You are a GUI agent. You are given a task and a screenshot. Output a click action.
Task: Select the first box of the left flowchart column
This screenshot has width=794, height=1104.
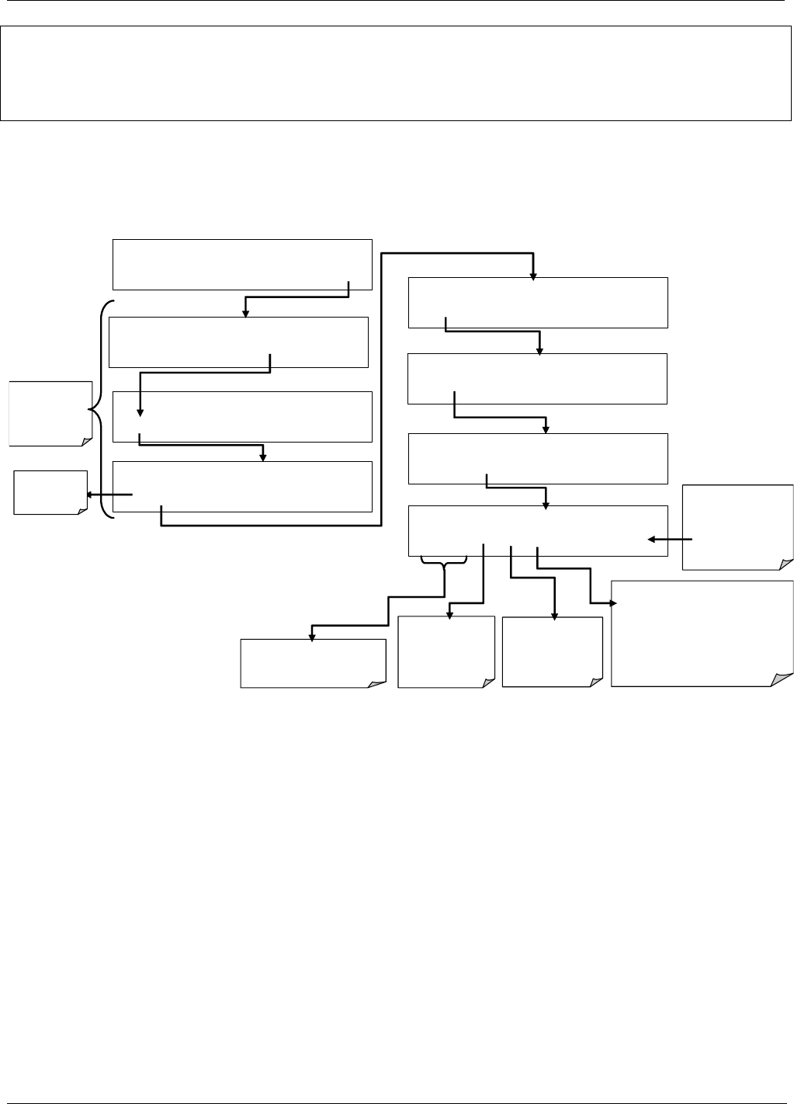coord(242,265)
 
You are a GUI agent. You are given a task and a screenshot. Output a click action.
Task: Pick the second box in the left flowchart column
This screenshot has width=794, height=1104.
coord(238,342)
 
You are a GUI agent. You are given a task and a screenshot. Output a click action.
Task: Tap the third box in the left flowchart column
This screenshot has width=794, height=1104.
coord(242,417)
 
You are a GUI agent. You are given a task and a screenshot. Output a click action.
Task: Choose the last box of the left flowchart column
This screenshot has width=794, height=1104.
coord(242,487)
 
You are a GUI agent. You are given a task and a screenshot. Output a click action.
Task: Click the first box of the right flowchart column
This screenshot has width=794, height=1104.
coord(537,302)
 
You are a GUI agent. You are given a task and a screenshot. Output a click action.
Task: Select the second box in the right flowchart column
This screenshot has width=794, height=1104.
coord(537,378)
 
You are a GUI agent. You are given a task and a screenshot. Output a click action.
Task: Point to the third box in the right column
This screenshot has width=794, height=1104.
coord(537,459)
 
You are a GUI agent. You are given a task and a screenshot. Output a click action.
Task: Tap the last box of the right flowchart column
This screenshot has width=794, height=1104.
coord(537,531)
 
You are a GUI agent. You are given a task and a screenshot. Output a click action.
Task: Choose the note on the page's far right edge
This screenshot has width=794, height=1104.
coord(737,527)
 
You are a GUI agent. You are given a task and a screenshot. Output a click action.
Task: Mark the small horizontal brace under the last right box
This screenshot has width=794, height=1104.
coord(443,561)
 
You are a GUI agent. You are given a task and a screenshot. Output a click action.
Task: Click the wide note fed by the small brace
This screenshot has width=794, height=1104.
coord(313,664)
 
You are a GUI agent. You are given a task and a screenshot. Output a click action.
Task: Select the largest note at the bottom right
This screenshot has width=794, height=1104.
coord(702,633)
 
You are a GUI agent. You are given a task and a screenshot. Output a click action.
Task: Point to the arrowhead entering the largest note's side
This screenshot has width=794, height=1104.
coord(615,602)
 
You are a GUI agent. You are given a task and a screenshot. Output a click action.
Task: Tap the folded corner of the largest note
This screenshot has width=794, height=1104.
coord(782,678)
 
